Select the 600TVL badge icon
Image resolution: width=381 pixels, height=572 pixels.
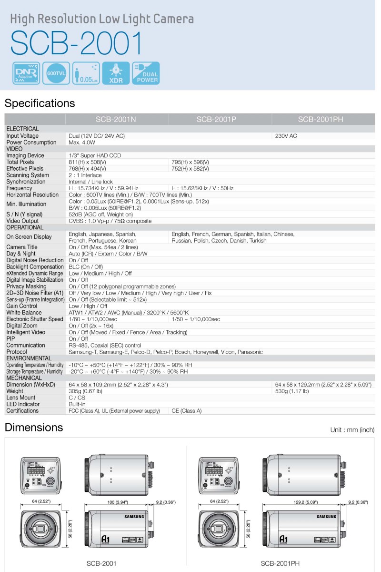coord(56,73)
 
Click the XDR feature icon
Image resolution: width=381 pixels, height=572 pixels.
coord(115,73)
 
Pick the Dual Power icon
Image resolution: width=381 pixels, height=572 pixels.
coord(146,73)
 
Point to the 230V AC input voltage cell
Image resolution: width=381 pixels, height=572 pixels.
coord(286,136)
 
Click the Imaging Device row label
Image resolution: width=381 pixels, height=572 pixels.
coord(25,155)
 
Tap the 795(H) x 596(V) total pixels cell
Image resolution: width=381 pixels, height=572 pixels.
coord(190,162)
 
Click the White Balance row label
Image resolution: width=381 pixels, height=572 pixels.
coord(24,313)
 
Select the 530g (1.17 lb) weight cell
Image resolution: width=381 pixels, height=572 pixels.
coord(291,391)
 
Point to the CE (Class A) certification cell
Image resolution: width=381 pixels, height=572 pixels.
coord(186,411)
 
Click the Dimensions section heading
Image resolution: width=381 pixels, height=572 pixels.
coord(33,427)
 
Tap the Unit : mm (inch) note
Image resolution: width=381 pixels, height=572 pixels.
coord(352,430)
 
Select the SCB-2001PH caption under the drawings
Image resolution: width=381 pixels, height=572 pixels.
coord(280,563)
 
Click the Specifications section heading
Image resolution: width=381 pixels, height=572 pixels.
coord(40,103)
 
